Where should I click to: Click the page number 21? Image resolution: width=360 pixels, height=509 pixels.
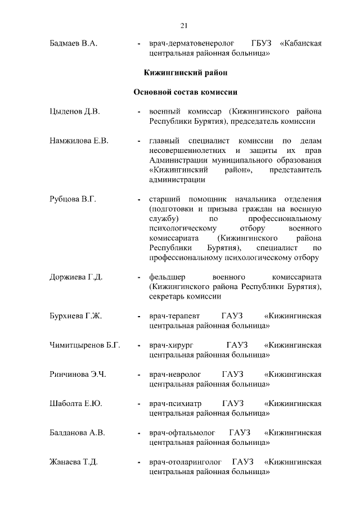[184, 25]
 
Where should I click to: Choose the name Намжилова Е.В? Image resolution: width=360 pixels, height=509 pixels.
[79, 141]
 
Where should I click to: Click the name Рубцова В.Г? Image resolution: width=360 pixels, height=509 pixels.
[73, 199]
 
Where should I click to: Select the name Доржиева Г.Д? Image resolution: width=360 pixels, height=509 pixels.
[76, 277]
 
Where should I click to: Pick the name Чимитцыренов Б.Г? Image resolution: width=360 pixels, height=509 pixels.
[85, 345]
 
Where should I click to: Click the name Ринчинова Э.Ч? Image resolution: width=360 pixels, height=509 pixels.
[78, 374]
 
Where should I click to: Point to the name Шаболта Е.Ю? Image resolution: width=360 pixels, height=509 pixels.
[76, 403]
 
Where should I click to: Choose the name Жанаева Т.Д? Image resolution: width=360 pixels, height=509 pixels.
[74, 462]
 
